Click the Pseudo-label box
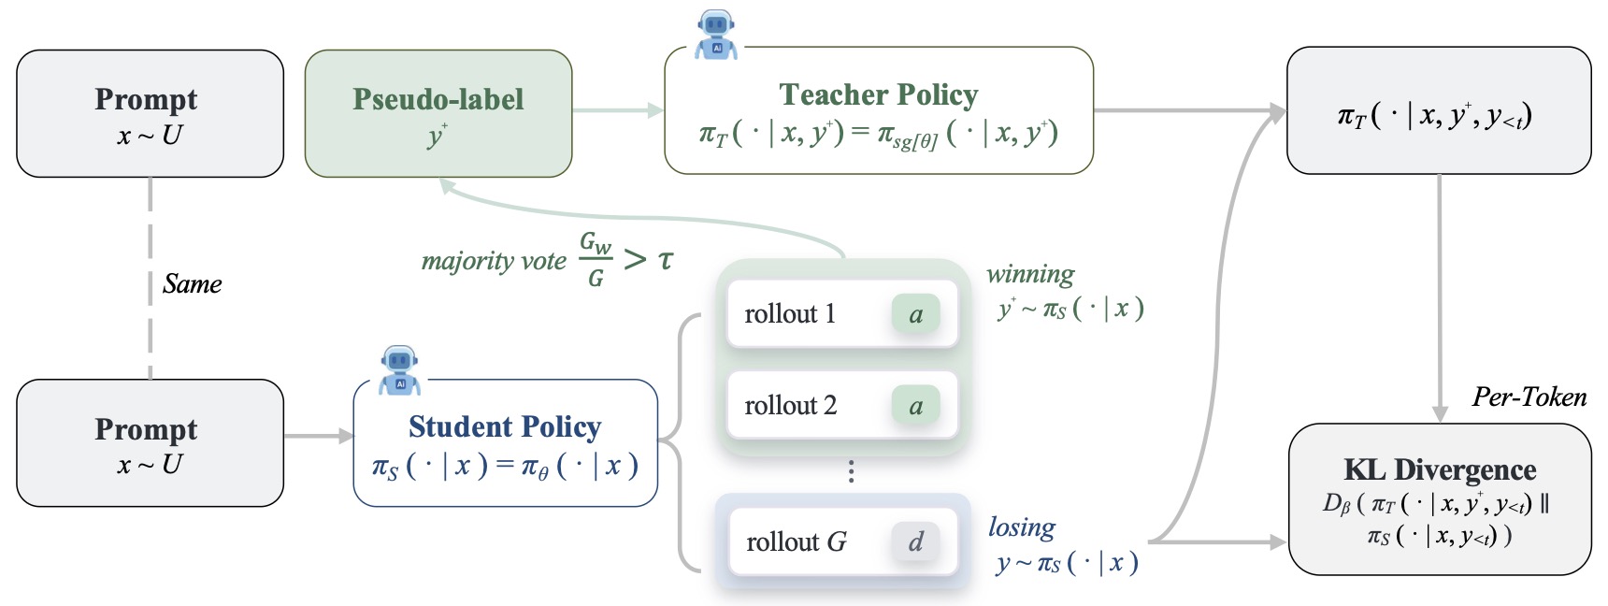[x=438, y=114]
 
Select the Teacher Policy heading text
[x=879, y=94]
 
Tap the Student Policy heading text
[x=505, y=426]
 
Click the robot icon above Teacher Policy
[x=716, y=36]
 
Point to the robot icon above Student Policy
[x=400, y=370]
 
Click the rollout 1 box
[x=843, y=314]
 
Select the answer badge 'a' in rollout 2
[x=915, y=406]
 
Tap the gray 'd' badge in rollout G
[x=915, y=541]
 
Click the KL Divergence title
[x=1440, y=469]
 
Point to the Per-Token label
[x=1529, y=397]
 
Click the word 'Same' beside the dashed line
[x=193, y=284]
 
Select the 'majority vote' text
[x=494, y=261]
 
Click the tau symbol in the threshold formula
[x=665, y=259]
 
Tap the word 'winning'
[x=1030, y=274]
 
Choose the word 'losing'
[x=1022, y=527]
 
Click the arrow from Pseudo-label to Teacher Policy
[x=618, y=110]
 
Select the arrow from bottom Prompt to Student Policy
[x=319, y=436]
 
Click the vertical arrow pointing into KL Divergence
[x=1440, y=298]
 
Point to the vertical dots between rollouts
[x=851, y=471]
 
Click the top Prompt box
[x=151, y=114]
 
